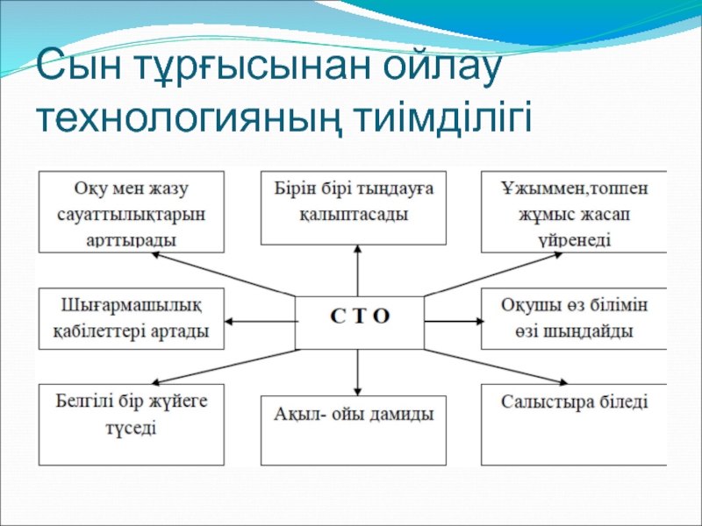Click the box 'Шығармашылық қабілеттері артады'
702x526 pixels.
(x=131, y=319)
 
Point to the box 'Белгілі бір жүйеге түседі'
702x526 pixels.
(x=131, y=414)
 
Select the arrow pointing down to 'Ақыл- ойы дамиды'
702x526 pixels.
(x=358, y=372)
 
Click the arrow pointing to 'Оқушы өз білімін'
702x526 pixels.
(x=453, y=322)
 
